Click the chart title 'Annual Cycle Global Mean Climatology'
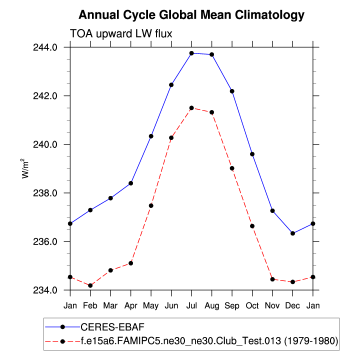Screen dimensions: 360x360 (191, 15)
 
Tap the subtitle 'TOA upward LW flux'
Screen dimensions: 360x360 (121, 33)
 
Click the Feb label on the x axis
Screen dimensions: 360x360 (90, 304)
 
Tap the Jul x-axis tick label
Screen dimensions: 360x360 (191, 304)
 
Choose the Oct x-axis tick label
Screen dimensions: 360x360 (252, 304)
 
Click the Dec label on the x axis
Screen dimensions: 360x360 (292, 304)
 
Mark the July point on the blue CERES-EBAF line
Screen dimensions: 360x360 (191, 53)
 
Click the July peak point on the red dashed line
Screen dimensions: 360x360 (191, 107)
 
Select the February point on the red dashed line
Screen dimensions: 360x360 (90, 285)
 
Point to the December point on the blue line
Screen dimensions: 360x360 (292, 233)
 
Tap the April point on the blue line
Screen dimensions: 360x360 (130, 183)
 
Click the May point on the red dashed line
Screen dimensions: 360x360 (151, 205)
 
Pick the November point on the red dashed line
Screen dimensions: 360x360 (272, 279)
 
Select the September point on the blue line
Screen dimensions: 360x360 (232, 91)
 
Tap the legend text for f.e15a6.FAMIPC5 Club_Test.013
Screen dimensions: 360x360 (210, 341)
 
